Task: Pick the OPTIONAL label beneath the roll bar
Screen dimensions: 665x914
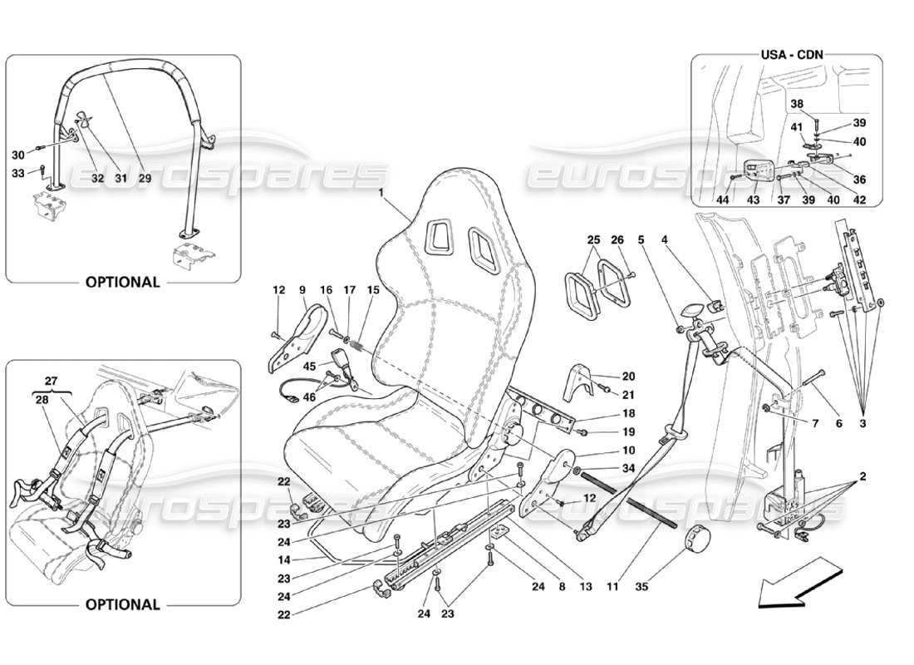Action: click(122, 282)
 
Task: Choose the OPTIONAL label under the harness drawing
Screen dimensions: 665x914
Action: click(122, 604)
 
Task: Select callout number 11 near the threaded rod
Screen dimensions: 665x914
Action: click(612, 587)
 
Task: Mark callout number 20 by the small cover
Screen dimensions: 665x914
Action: click(628, 376)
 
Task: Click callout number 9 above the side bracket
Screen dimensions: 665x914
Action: click(302, 290)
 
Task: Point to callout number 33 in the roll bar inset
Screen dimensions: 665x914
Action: click(17, 173)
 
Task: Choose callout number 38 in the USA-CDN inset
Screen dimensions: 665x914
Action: click(797, 105)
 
